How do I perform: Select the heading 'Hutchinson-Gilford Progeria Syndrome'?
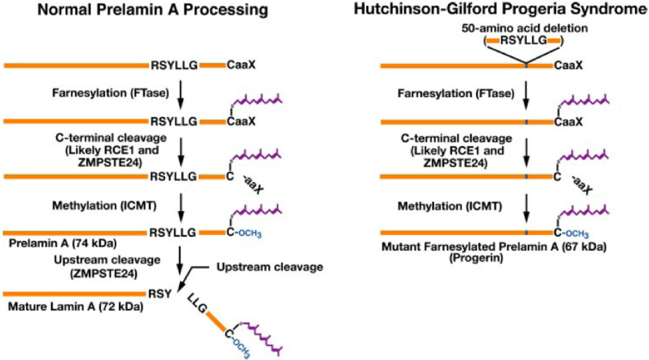pyautogui.click(x=509, y=9)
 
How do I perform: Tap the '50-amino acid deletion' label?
pyautogui.click(x=524, y=30)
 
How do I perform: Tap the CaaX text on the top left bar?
pyautogui.click(x=240, y=66)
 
